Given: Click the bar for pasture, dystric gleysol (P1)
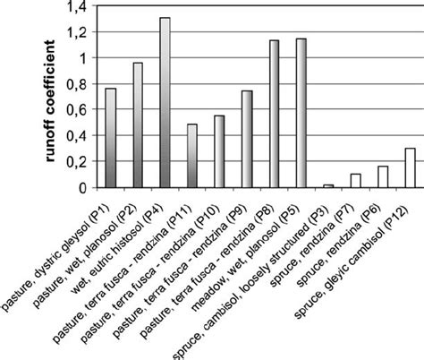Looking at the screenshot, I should click(110, 138).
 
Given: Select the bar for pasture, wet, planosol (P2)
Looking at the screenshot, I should click(138, 125).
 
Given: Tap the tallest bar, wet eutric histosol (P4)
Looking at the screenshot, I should click(165, 102).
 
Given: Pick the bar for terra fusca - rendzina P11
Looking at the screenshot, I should click(191, 156).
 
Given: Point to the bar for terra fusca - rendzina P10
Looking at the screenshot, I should click(219, 151).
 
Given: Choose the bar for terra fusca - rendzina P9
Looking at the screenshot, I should click(247, 139).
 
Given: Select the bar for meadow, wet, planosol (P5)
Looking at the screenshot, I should click(301, 113).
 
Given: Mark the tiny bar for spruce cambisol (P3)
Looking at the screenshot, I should click(328, 185).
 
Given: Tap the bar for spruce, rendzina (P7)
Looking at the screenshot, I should click(356, 181).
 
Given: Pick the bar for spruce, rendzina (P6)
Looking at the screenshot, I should click(383, 177).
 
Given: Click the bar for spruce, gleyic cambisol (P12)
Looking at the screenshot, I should click(411, 168).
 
